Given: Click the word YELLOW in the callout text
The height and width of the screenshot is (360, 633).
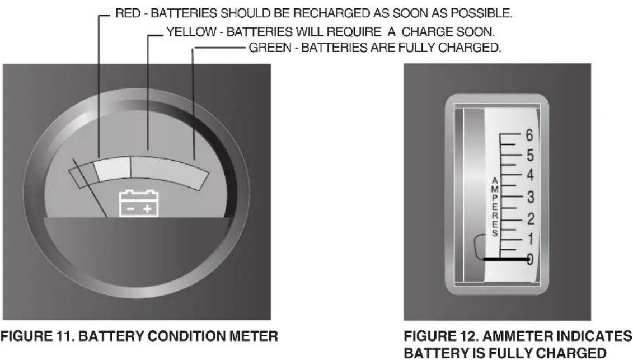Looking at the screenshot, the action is pyautogui.click(x=191, y=31).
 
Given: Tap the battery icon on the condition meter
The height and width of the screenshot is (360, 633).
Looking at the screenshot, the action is pyautogui.click(x=138, y=203).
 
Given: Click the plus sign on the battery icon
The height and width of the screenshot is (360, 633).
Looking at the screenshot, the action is pyautogui.click(x=147, y=208).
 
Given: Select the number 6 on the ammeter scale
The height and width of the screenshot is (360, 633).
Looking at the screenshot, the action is pyautogui.click(x=529, y=135).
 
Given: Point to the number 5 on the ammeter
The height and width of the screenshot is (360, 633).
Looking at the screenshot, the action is pyautogui.click(x=530, y=155).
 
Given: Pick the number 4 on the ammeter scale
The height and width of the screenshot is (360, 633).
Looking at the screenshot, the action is pyautogui.click(x=530, y=175).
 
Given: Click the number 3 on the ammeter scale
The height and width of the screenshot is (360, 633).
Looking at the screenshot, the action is pyautogui.click(x=531, y=197).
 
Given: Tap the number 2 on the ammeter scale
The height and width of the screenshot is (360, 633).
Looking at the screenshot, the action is pyautogui.click(x=531, y=218).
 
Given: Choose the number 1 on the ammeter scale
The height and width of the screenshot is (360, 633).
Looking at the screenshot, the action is pyautogui.click(x=531, y=239).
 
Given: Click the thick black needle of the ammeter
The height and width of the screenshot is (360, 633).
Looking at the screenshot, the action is pyautogui.click(x=507, y=259).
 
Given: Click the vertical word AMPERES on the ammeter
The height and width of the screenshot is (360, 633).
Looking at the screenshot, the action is pyautogui.click(x=495, y=207).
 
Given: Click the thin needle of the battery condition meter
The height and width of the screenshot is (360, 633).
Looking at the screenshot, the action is pyautogui.click(x=90, y=188).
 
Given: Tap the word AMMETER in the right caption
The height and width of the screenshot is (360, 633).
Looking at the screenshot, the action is pyautogui.click(x=518, y=336).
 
